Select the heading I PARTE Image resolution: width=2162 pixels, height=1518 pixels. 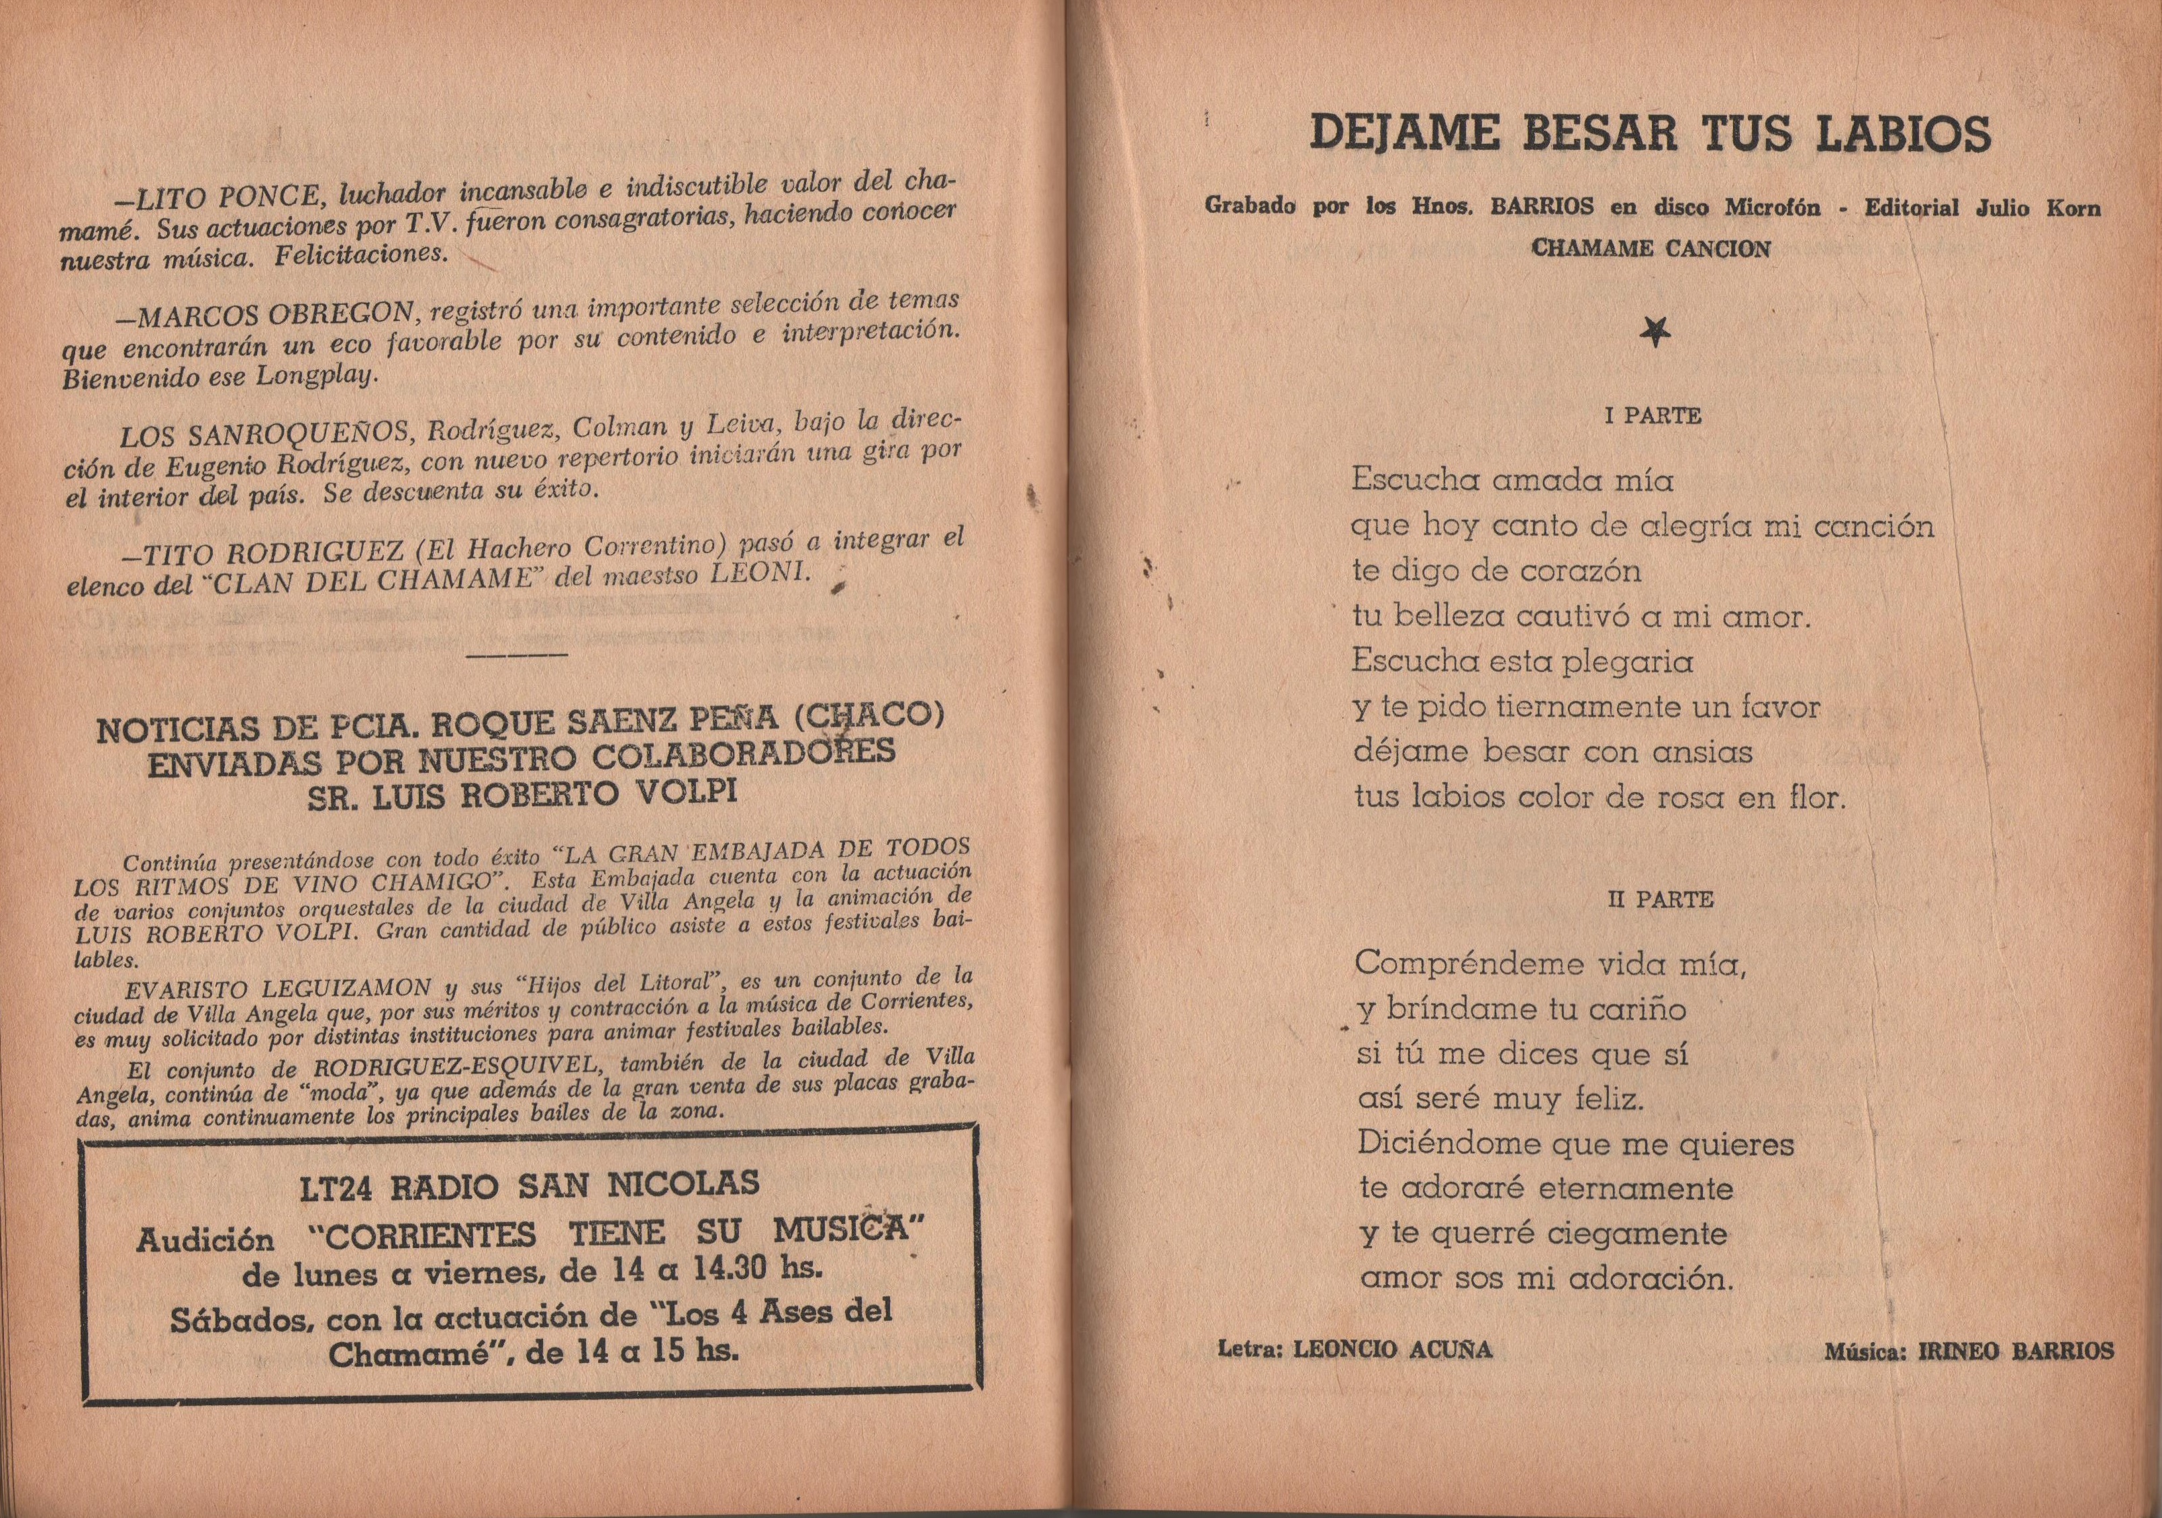click(x=1653, y=416)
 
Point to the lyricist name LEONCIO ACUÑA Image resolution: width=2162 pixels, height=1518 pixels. click(x=1393, y=1349)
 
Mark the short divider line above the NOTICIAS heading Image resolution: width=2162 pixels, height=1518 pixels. click(x=516, y=653)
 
